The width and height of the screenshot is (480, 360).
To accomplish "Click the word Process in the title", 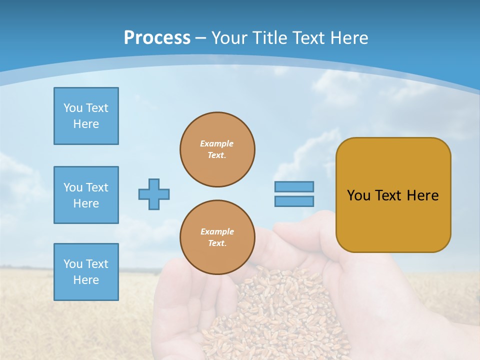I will tap(157, 37).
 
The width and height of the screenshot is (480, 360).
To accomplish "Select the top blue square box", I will tap(86, 116).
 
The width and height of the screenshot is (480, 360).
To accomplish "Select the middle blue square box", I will tap(86, 195).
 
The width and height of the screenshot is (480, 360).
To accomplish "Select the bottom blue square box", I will tap(86, 272).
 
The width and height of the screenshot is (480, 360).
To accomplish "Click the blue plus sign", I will tap(154, 194).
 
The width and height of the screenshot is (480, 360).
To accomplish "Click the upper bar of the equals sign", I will tap(294, 186).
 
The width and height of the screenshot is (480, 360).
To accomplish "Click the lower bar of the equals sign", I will tap(294, 201).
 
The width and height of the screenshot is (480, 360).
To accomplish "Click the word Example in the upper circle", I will tap(216, 143).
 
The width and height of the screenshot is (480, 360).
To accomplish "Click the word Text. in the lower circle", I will tap(217, 243).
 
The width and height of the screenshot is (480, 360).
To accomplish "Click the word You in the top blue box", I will tap(72, 108).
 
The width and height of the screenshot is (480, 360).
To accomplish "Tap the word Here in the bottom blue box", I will tap(86, 280).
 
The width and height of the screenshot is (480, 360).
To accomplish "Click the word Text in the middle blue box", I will tap(97, 187).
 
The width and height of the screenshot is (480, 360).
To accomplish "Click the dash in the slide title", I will tap(200, 38).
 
